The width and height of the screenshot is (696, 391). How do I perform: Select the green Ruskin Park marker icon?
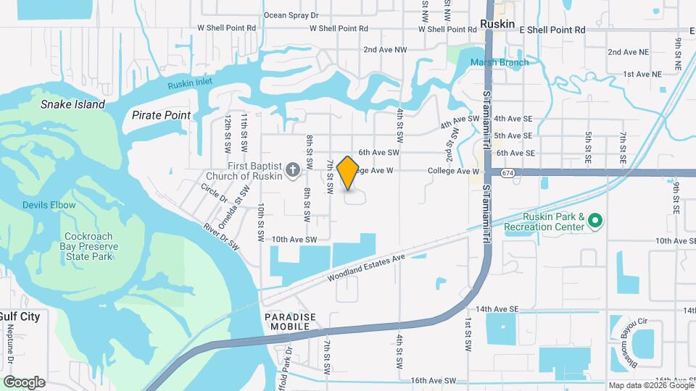click(594, 219)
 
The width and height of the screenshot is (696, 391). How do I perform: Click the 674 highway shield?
click(507, 173)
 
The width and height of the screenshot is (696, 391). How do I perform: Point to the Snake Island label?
click(72, 104)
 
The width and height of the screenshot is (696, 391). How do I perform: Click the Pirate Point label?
click(161, 115)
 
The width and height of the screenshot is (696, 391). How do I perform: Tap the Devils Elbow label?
click(49, 205)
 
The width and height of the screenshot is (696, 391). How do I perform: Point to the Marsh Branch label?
click(499, 62)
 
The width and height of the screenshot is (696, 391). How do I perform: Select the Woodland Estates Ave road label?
click(365, 266)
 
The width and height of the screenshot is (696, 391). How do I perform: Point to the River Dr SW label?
click(221, 237)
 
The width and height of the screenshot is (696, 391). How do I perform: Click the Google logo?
click(24, 382)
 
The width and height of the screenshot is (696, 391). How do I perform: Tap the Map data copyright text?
click(650, 385)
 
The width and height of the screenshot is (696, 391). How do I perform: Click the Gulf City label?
click(20, 316)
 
